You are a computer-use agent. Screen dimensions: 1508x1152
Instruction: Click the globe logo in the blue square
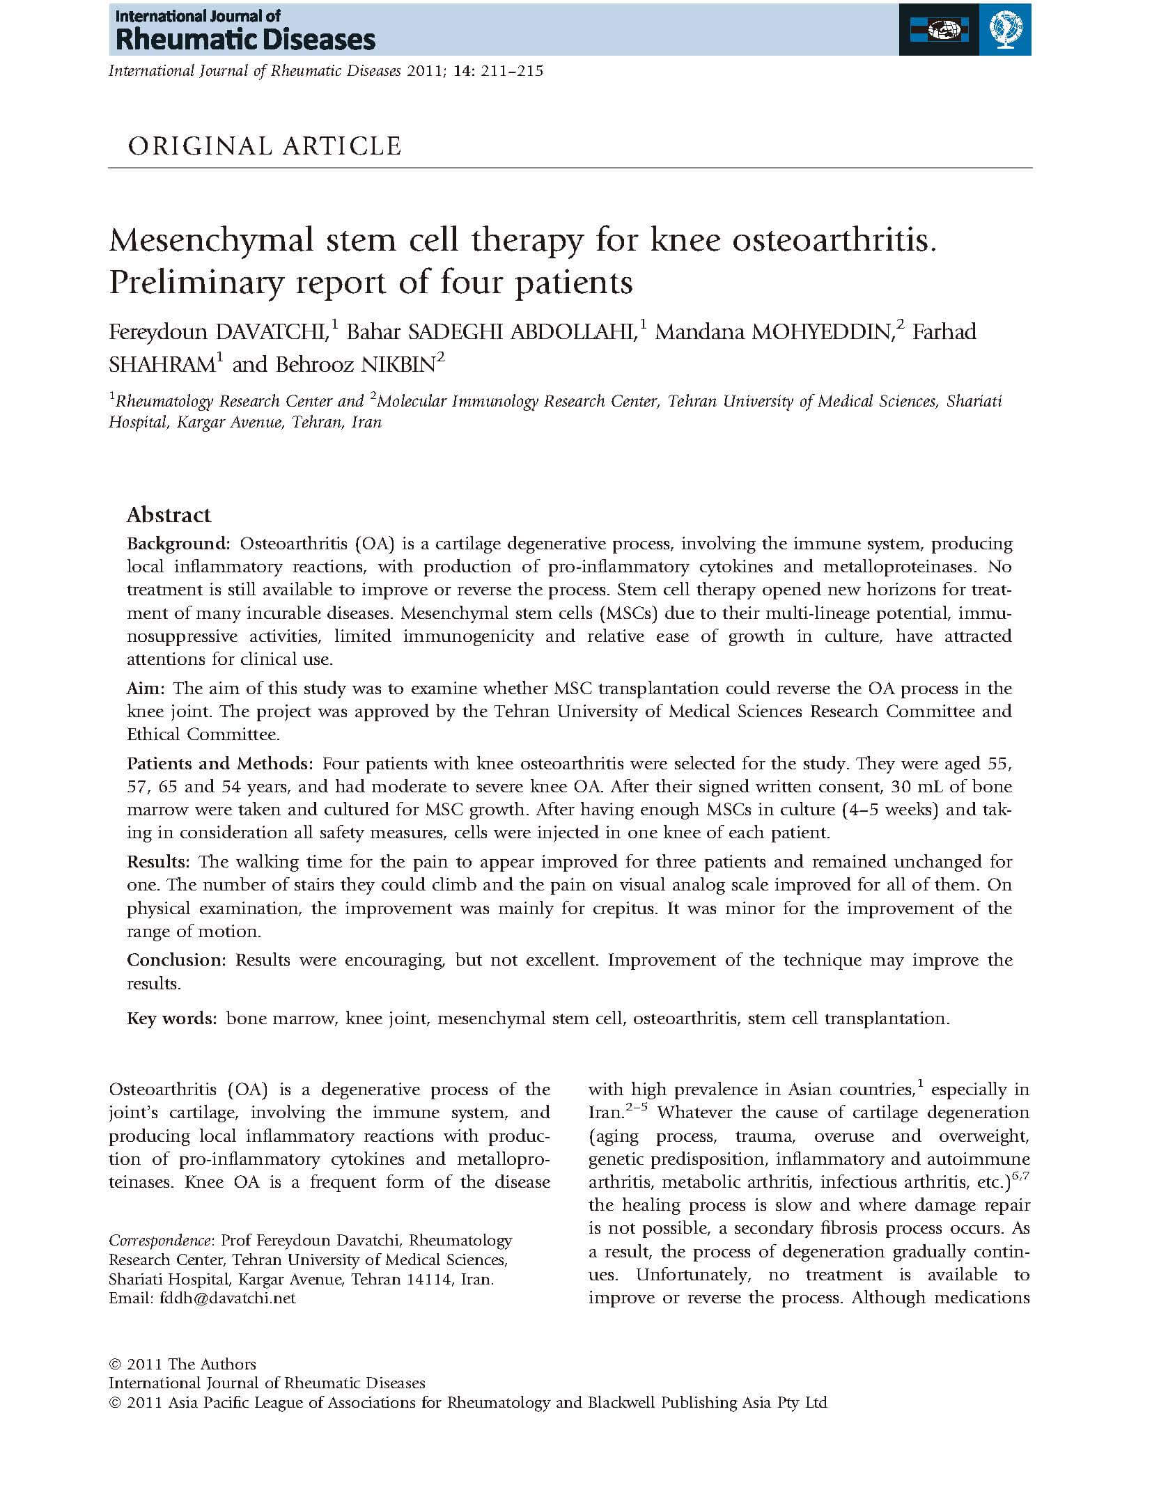[1005, 29]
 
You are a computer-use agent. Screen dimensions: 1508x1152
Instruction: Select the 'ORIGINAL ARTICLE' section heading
[265, 146]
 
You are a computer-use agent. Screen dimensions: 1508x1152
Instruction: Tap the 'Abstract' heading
[169, 515]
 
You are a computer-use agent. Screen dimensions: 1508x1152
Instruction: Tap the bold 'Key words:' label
[172, 1019]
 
